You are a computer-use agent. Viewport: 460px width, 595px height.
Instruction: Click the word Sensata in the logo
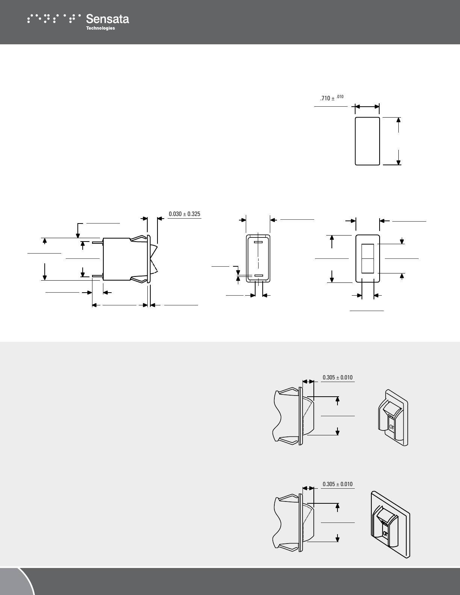107,19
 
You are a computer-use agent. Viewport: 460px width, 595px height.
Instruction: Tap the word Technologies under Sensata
101,28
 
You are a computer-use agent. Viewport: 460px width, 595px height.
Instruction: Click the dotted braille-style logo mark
54,18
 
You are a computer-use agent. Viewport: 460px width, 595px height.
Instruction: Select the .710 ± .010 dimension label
331,98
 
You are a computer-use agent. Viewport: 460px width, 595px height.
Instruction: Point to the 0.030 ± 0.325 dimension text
185,214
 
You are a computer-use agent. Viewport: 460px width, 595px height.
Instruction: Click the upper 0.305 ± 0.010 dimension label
337,377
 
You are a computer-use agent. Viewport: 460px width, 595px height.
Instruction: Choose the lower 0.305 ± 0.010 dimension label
337,484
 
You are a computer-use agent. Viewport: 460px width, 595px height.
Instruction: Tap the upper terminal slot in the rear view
258,242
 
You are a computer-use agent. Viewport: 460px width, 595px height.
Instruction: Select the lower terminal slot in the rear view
258,275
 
